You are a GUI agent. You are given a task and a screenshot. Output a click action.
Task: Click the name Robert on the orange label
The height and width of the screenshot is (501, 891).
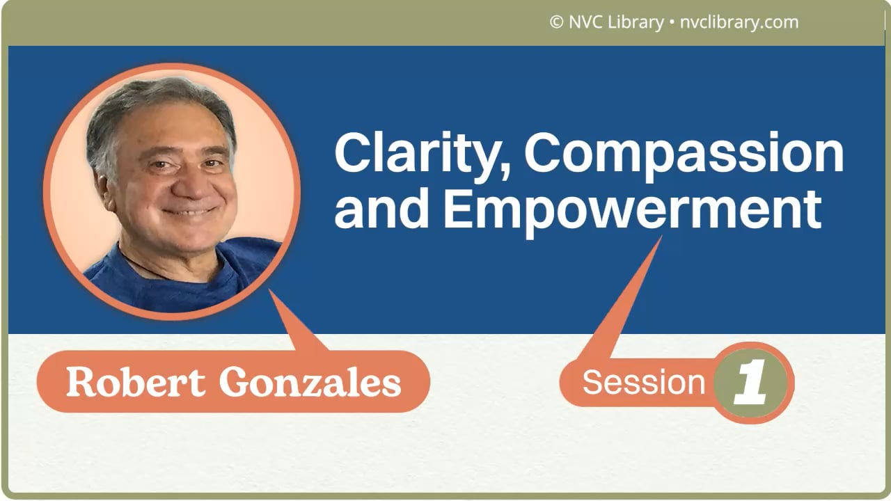[x=136, y=382]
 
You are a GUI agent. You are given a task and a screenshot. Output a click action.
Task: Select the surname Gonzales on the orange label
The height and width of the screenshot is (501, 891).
[x=310, y=382]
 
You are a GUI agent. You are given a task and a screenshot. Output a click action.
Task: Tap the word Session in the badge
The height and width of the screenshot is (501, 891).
[x=644, y=382]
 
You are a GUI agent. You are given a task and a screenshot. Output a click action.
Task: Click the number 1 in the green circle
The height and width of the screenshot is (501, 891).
[x=751, y=383]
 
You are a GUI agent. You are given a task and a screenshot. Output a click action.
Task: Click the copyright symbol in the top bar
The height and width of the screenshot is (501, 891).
[x=556, y=22]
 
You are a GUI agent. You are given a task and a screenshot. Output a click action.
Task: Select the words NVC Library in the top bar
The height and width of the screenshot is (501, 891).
[x=616, y=22]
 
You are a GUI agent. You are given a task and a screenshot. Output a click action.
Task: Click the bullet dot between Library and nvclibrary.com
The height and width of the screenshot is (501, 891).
[x=672, y=22]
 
